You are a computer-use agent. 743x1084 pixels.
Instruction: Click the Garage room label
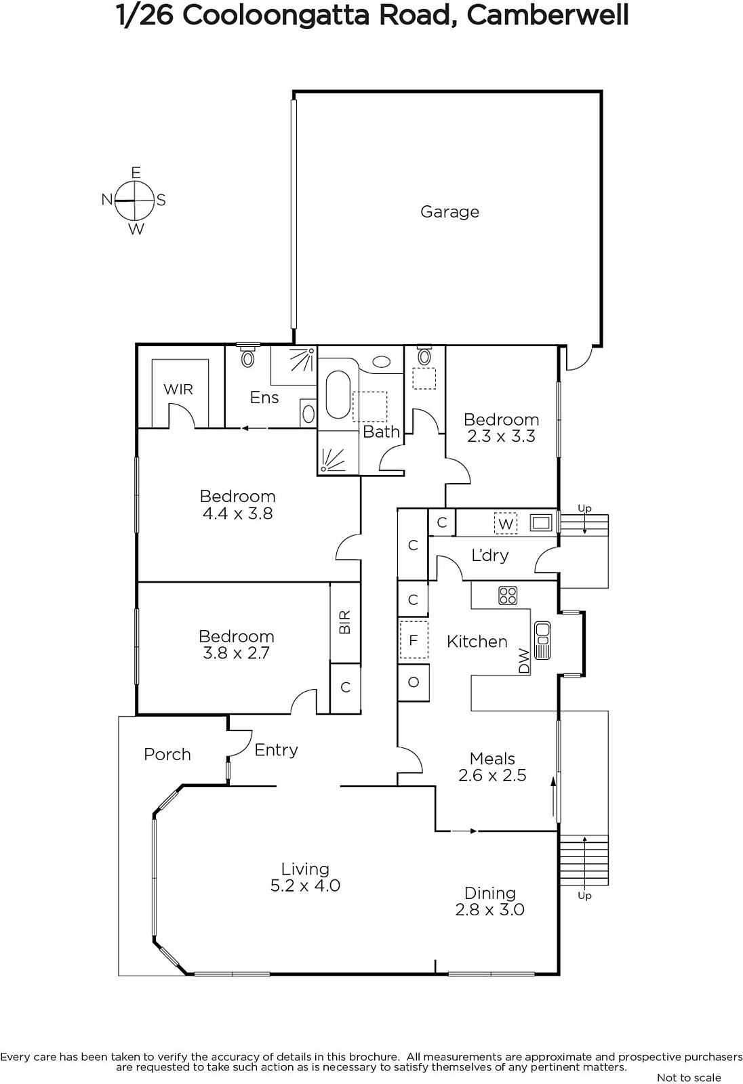449,212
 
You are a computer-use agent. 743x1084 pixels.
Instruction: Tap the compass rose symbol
135,201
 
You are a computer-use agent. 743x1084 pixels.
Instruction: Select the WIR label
178,389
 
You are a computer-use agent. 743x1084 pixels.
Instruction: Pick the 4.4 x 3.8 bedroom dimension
238,513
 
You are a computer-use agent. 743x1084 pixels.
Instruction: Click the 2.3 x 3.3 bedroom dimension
501,436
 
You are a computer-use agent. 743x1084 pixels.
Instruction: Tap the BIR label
344,623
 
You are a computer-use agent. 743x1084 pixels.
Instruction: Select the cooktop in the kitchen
508,596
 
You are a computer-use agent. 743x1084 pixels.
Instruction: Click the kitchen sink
542,640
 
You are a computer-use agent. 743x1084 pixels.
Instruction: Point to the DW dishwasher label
524,661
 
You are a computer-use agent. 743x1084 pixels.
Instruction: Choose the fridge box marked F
413,640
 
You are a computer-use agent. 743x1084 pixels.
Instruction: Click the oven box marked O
413,682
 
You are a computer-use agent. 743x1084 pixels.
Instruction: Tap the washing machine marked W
505,524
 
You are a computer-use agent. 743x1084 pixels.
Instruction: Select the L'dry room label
489,555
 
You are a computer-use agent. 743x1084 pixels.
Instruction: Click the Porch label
167,754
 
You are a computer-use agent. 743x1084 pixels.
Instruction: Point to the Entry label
276,750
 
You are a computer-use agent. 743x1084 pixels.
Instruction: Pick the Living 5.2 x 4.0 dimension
305,885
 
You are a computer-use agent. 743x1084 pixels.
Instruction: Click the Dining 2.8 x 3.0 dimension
489,909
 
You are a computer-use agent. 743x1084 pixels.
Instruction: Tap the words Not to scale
689,1077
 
